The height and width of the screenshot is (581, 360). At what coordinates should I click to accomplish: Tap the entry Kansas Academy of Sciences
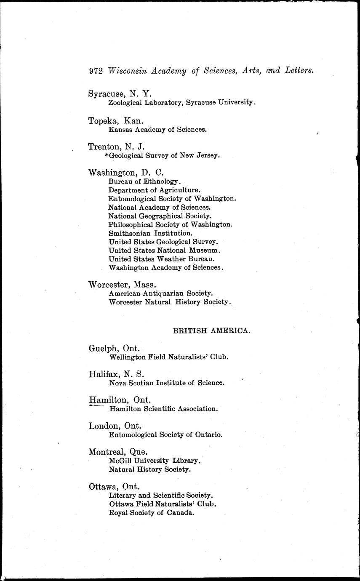pyautogui.click(x=157, y=130)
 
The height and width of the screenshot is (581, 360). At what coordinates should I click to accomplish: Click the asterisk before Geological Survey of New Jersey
pyautogui.click(x=107, y=155)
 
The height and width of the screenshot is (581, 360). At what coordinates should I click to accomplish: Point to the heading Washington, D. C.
pyautogui.click(x=125, y=173)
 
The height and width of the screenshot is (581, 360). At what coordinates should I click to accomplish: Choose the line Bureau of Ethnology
pyautogui.click(x=144, y=181)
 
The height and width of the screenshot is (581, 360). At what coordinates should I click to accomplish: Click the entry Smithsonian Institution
pyautogui.click(x=150, y=233)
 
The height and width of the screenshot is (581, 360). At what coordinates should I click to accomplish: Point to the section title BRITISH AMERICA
pyautogui.click(x=212, y=331)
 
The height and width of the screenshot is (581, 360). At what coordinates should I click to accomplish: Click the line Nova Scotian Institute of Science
pyautogui.click(x=167, y=383)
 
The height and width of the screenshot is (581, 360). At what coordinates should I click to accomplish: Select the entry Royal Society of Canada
pyautogui.click(x=152, y=513)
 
